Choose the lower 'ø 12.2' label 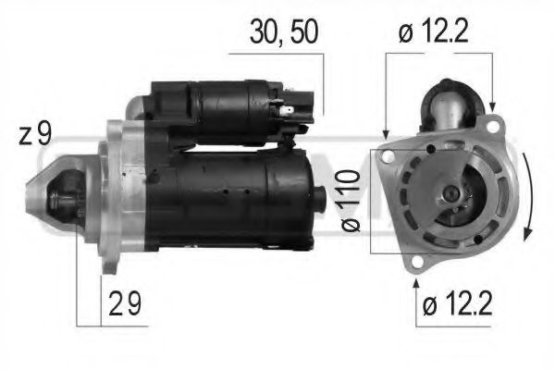click(457, 304)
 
